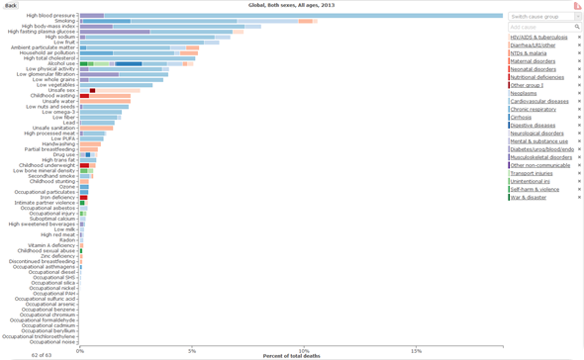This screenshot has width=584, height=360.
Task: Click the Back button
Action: pos(11,5)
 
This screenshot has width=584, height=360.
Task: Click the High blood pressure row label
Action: pos(51,16)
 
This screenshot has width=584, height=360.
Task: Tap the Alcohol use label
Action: pos(61,63)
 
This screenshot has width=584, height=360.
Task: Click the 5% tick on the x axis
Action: pos(192,349)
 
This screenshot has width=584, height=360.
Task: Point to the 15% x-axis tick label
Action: pos(416,349)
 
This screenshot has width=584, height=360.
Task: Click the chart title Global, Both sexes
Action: pos(290,5)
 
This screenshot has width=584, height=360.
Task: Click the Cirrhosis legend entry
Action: pos(523,117)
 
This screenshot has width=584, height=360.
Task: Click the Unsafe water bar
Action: pos(105,101)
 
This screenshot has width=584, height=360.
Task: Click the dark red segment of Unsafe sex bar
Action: pos(92,90)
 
